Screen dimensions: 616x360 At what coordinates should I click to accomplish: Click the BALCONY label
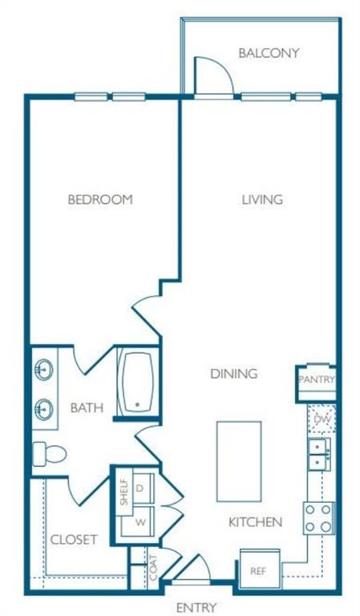pyautogui.click(x=269, y=54)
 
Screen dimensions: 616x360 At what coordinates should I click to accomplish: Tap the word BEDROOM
pyautogui.click(x=99, y=200)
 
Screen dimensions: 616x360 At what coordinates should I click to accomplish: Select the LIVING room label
pyautogui.click(x=262, y=200)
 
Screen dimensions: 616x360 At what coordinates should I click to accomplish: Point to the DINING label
pyautogui.click(x=233, y=374)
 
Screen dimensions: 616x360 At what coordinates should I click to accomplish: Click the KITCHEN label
pyautogui.click(x=255, y=522)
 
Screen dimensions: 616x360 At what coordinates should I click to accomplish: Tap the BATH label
pyautogui.click(x=87, y=408)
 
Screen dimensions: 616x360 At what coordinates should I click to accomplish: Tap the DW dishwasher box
pyautogui.click(x=321, y=419)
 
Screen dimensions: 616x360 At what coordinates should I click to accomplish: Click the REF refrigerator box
pyautogui.click(x=258, y=572)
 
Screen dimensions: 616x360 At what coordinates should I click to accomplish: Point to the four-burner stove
pyautogui.click(x=318, y=518)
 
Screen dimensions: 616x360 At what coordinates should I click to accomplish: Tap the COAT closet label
pyautogui.click(x=152, y=569)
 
